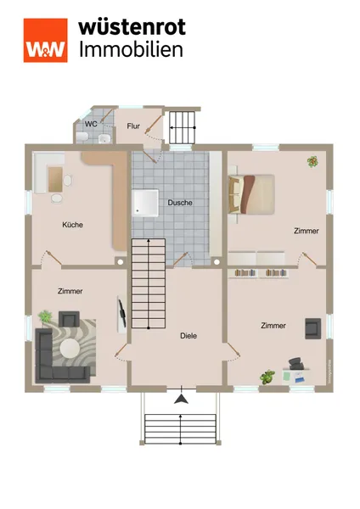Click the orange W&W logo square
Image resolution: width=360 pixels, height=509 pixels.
click(x=46, y=40)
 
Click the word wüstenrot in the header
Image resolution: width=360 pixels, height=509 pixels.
click(x=132, y=26)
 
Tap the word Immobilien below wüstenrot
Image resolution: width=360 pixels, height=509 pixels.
click(x=132, y=50)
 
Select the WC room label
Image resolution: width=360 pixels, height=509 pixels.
click(x=91, y=124)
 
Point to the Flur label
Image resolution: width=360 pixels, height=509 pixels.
click(x=133, y=126)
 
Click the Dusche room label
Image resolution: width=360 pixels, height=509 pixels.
click(x=180, y=203)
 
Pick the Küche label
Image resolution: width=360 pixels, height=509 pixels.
click(x=72, y=225)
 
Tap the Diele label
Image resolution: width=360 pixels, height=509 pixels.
click(x=188, y=336)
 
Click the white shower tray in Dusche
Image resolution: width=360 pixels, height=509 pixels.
click(x=145, y=203)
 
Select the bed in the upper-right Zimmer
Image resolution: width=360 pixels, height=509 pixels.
click(x=251, y=194)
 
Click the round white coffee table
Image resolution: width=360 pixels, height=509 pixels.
click(x=69, y=349)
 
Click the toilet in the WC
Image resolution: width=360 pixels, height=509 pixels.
click(x=82, y=137)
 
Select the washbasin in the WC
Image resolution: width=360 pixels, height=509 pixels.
click(x=104, y=138)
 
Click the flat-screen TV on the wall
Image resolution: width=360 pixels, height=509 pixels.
click(x=122, y=313)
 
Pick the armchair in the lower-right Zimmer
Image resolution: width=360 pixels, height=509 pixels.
click(x=313, y=328)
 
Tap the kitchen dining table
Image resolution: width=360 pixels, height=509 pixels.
click(x=55, y=179)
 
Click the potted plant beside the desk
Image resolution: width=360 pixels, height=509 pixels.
click(x=267, y=378)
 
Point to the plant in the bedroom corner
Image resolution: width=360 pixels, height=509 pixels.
click(x=312, y=161)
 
